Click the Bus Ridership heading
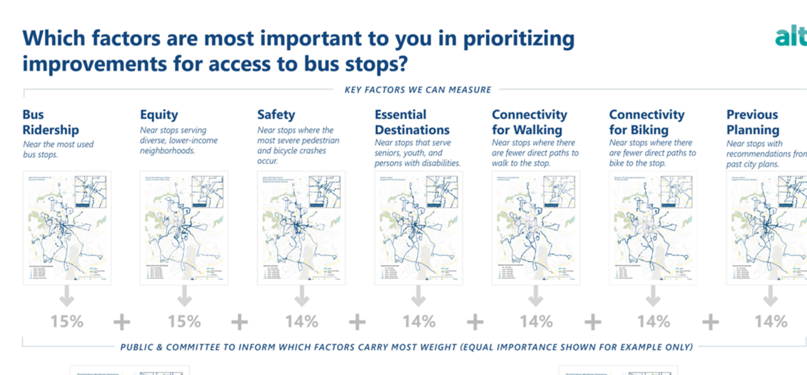[x=51, y=122]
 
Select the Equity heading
[x=159, y=115]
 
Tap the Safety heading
[x=276, y=115]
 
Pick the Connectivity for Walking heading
[x=529, y=122]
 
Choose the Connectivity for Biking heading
[x=646, y=122]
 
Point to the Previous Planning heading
[x=753, y=122]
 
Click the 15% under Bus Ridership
[x=67, y=322]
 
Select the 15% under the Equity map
[x=185, y=322]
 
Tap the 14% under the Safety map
[x=302, y=322]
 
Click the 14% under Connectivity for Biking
[x=654, y=322]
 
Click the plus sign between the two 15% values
[x=122, y=322]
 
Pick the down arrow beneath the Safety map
[x=302, y=296]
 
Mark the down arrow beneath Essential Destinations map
[x=419, y=296]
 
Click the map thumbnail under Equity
[x=184, y=227]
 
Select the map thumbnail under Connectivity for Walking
[x=536, y=227]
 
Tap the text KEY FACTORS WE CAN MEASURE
[x=418, y=89]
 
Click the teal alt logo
[x=790, y=37]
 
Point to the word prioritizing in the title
[x=518, y=39]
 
